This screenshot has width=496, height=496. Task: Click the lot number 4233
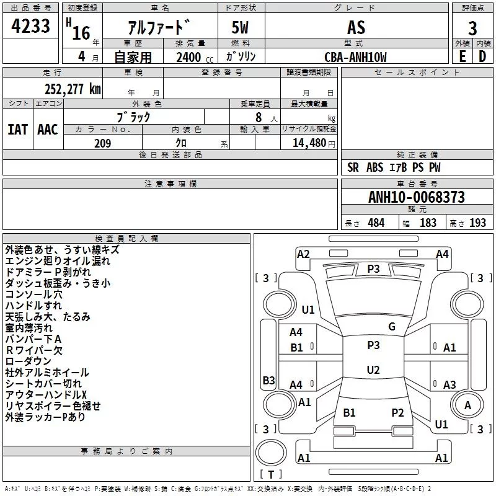[x=30, y=26]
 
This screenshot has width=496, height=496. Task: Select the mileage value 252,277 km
[x=73, y=89]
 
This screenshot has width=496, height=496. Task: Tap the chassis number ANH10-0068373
[x=417, y=197]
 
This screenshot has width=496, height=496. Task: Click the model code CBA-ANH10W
[x=355, y=57]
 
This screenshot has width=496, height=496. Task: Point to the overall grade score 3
[x=472, y=29]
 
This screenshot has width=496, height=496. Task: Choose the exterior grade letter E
[x=463, y=56]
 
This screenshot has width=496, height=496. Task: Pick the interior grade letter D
[x=482, y=56]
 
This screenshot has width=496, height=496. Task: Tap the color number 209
[x=102, y=143]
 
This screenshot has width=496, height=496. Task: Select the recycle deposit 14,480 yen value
[x=314, y=143]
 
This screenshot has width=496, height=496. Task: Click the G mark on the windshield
[x=392, y=327]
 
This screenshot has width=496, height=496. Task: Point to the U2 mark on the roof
[x=373, y=370]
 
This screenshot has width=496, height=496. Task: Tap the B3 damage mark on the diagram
[x=269, y=380]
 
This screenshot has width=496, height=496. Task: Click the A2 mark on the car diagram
[x=303, y=254]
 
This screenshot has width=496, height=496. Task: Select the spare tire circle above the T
[x=271, y=453]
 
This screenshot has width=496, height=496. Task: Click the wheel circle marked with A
[x=467, y=405]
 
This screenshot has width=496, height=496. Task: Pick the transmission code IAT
[x=18, y=130]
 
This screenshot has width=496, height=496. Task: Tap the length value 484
[x=376, y=223]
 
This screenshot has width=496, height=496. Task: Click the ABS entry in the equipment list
[x=375, y=167]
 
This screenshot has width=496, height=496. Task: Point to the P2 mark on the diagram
[x=397, y=412]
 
